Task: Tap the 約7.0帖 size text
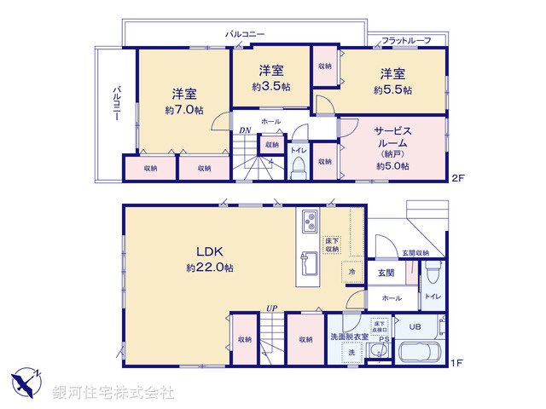click(185, 111)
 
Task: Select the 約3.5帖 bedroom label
click(271, 87)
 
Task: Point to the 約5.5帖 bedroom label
click(392, 89)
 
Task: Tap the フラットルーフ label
click(405, 41)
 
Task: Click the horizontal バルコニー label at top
click(245, 33)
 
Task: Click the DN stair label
click(245, 130)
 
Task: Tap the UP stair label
click(271, 308)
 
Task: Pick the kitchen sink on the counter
click(308, 259)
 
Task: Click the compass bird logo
click(27, 381)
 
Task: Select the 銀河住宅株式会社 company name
click(113, 392)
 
